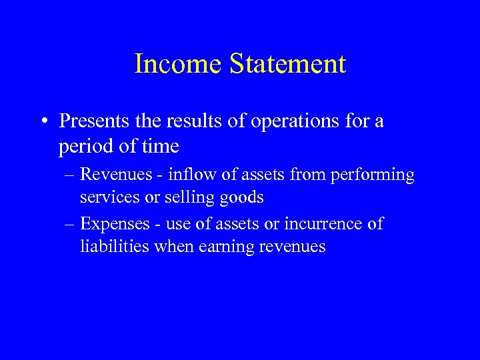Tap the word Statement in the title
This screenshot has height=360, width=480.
(287, 64)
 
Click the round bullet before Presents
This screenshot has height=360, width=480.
(43, 122)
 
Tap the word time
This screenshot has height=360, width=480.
(158, 145)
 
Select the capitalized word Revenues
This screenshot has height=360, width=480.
(117, 175)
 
